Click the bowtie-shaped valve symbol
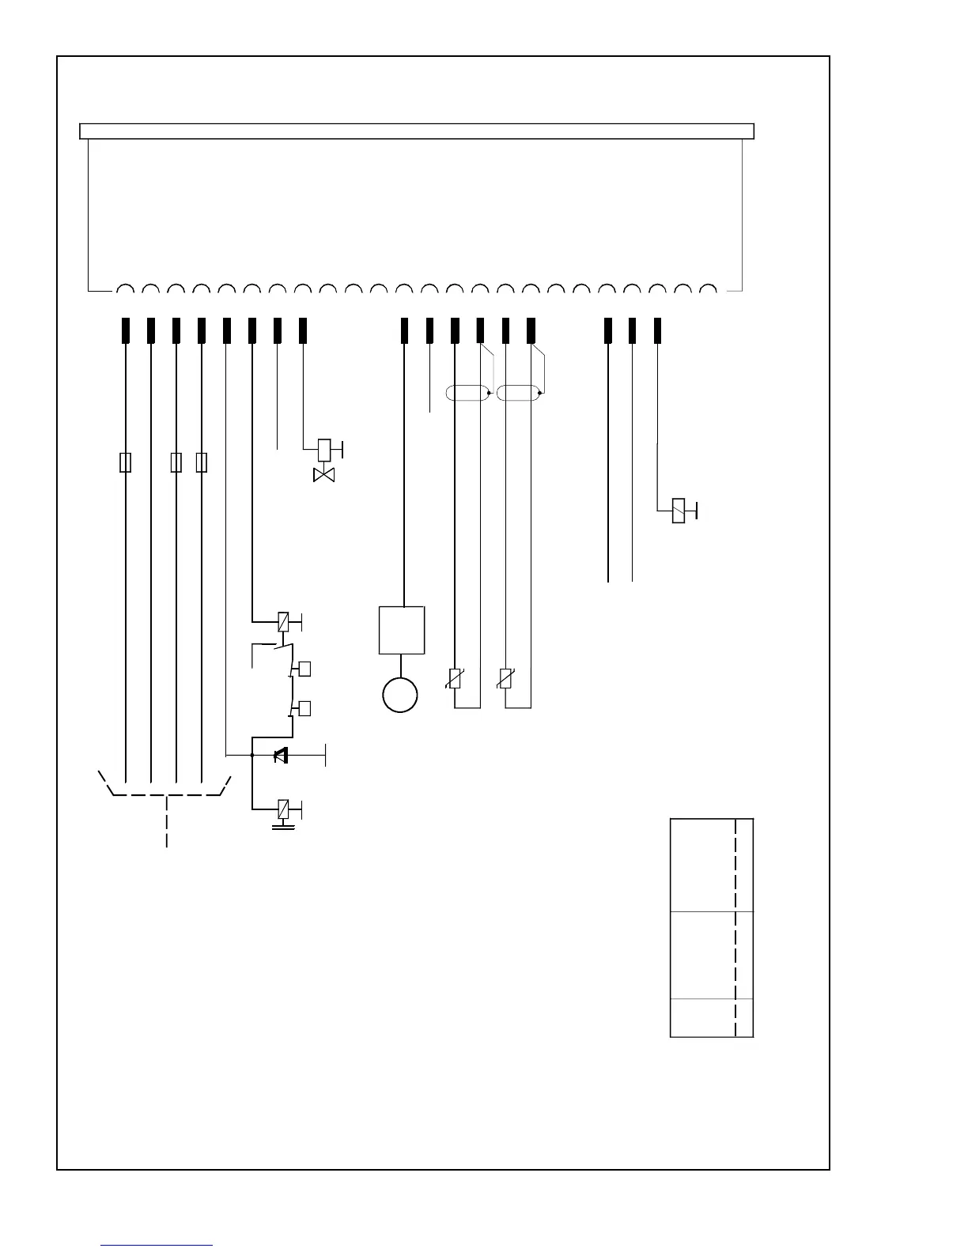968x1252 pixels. point(324,475)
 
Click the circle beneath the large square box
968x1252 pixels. point(400,695)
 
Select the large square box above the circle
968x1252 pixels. point(402,630)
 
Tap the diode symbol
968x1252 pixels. point(280,756)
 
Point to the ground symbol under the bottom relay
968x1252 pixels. point(284,827)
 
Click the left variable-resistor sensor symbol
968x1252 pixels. point(455,679)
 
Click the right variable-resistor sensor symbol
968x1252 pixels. point(506,679)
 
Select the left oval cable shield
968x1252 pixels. point(467,393)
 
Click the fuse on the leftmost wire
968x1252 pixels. point(125,462)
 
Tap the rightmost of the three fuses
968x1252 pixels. point(202,462)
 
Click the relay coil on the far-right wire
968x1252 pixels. point(679,511)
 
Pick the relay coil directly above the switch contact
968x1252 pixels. point(283,622)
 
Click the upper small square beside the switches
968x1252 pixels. point(304,669)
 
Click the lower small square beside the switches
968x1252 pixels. point(304,708)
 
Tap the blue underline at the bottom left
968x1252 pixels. point(157,1245)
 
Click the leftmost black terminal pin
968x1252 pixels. point(125,330)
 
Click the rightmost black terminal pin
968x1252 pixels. point(657,330)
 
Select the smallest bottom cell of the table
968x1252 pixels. point(703,1018)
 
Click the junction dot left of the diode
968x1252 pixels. point(251,756)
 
